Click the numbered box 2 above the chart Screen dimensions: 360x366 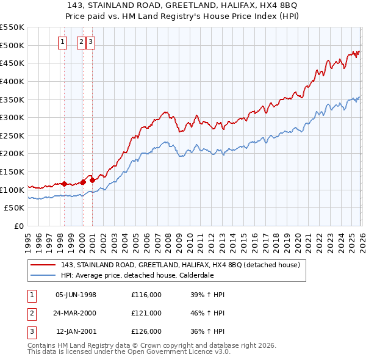point(82,42)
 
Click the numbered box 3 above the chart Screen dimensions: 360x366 point(90,42)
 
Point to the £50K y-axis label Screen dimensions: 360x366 point(14,208)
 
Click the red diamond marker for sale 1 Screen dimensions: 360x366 point(64,183)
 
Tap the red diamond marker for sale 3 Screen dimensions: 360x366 point(92,180)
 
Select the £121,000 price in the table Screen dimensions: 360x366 point(146,313)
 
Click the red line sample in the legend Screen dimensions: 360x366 point(43,265)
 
